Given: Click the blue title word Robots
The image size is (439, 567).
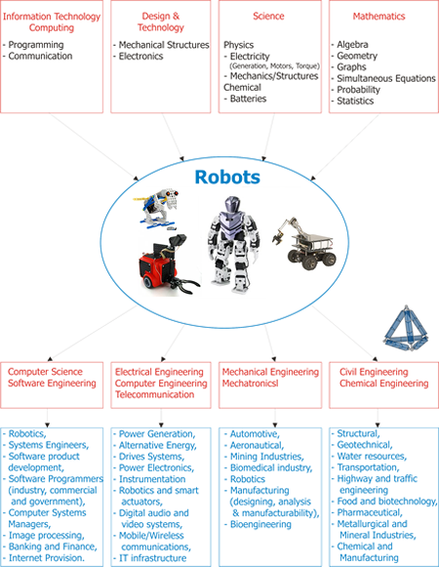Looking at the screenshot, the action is coord(227,178).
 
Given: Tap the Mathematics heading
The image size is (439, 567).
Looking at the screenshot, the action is coord(379,17).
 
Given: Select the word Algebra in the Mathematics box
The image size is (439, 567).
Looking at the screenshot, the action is coord(352,45).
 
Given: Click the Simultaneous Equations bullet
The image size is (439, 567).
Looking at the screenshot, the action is coord(386,78).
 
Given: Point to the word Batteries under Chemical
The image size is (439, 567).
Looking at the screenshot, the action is coord(248,99).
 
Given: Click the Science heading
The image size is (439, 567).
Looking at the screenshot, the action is coord(268,16).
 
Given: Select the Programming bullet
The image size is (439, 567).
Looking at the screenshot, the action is coord(36,45).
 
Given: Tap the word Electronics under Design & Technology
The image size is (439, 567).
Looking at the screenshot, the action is coord(141,56).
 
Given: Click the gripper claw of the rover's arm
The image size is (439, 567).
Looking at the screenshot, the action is coord(278,238).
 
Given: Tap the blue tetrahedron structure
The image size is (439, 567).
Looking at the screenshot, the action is coord(407,328).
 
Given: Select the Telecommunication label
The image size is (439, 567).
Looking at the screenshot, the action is coord(155,394).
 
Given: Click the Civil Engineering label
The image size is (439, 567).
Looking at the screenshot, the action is coord(374,372).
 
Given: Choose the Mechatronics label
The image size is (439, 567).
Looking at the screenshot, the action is coord(251,384).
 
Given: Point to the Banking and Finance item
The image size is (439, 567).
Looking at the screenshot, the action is coord(53,547).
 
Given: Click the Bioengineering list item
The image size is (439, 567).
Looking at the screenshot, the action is coord(260,524).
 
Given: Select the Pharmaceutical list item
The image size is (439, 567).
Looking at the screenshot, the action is coord(370,512).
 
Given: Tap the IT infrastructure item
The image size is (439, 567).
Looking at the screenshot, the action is coord(153,558).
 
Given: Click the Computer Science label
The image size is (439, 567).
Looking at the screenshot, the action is coord(45,372).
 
